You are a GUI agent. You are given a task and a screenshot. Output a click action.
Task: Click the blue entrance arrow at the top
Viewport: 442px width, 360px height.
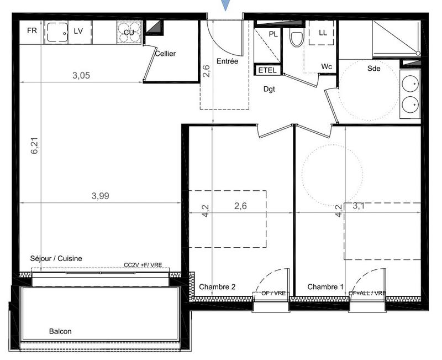coord(224,5)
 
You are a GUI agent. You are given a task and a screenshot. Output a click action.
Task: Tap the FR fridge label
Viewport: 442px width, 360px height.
coord(32,31)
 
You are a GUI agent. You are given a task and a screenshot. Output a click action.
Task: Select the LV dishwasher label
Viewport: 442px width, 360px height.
coord(78,31)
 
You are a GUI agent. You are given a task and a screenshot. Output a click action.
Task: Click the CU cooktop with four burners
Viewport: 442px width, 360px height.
coord(129,33)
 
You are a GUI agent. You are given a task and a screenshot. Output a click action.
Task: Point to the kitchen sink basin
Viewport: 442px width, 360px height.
coord(56,33)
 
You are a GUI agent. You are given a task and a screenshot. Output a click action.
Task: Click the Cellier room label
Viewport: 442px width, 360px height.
coord(165,54)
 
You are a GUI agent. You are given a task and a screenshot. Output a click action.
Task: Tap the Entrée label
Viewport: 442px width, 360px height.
coord(227,61)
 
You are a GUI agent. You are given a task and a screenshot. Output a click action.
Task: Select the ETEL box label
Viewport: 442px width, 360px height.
coord(267,70)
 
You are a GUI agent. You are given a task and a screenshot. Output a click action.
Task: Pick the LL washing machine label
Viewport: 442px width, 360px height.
coord(323,33)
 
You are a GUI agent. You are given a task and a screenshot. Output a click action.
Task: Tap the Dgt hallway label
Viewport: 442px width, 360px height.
coord(269,89)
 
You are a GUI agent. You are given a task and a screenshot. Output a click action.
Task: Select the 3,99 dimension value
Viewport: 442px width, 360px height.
coord(101,196)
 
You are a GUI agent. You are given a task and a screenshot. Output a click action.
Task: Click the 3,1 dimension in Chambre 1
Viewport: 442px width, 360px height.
coord(360,207)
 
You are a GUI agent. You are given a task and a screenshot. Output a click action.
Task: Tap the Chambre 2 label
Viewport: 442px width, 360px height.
coord(217,287)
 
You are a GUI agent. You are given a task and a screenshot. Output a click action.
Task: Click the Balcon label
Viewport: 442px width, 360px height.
coord(60,331)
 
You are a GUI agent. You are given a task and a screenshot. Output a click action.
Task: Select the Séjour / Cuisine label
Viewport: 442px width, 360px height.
coord(56,259)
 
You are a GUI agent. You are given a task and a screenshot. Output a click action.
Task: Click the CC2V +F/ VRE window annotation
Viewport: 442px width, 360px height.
coord(143,265)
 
